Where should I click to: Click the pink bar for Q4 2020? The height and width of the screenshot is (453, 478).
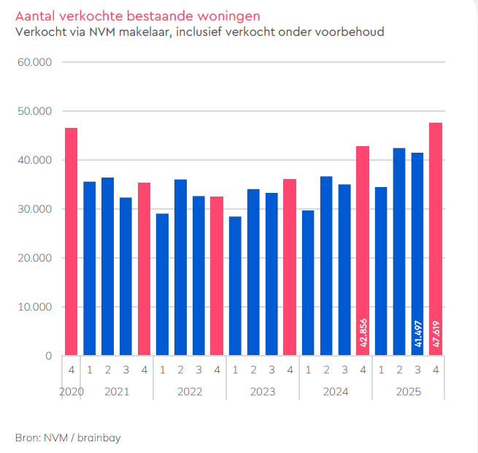tap(71, 242)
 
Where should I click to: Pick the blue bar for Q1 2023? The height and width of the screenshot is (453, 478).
tap(235, 286)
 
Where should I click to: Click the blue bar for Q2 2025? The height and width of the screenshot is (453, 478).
tap(399, 252)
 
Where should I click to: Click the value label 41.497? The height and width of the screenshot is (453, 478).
tap(417, 334)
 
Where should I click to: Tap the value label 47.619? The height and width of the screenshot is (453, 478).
tap(436, 334)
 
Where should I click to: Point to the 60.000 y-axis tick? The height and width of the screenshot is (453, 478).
tap(35, 62)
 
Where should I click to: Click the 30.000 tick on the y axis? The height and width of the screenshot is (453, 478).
tap(35, 209)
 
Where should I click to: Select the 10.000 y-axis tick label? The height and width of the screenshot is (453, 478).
tap(35, 307)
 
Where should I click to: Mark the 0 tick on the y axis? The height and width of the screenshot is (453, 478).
tap(48, 356)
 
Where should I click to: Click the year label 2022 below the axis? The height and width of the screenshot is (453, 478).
tap(190, 392)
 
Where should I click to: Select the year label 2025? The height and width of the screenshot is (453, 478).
tap(409, 392)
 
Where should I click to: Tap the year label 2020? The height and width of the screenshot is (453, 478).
tap(71, 392)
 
